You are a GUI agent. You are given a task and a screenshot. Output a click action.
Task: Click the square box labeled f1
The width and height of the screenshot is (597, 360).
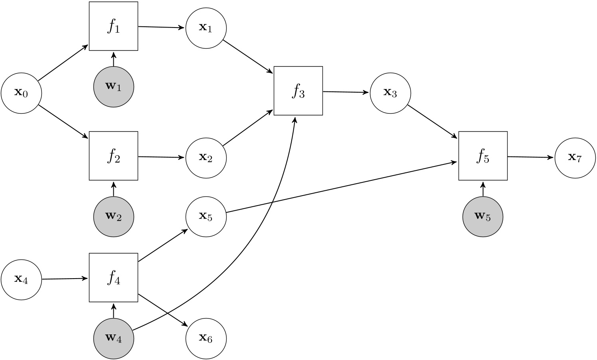pyautogui.click(x=113, y=26)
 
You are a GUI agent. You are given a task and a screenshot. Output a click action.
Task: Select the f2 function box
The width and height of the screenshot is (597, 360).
pyautogui.click(x=113, y=156)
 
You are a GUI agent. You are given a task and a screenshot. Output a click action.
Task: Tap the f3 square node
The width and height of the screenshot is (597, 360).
pyautogui.click(x=298, y=91)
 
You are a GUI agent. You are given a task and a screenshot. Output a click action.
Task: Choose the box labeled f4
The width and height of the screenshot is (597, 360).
pyautogui.click(x=113, y=278)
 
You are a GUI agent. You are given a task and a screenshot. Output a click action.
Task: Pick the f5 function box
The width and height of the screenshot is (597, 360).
pyautogui.click(x=483, y=156)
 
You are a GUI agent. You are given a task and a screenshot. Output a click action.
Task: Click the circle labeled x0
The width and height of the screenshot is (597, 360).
pyautogui.click(x=21, y=93)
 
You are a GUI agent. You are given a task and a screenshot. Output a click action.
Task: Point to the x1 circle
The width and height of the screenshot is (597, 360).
pyautogui.click(x=206, y=28)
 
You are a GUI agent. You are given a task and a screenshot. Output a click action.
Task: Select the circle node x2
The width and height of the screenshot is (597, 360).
pyautogui.click(x=206, y=157)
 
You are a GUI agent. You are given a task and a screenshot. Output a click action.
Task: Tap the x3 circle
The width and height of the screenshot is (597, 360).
pyautogui.click(x=390, y=93)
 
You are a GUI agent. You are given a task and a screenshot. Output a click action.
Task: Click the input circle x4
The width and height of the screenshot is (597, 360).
pyautogui.click(x=21, y=279)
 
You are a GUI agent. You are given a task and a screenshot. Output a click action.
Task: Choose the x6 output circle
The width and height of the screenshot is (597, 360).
pyautogui.click(x=206, y=339)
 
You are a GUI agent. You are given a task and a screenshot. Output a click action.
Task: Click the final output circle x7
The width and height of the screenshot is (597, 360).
pyautogui.click(x=575, y=157)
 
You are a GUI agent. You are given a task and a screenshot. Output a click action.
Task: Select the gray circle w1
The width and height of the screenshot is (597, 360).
pyautogui.click(x=113, y=87)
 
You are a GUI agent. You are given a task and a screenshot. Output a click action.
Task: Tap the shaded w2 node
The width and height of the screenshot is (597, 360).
pyautogui.click(x=113, y=217)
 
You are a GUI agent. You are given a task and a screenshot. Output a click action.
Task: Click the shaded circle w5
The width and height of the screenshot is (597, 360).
pyautogui.click(x=483, y=217)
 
